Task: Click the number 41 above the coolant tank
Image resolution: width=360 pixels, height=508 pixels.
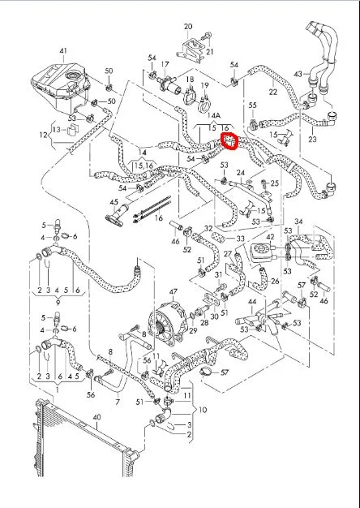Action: pyautogui.click(x=63, y=51)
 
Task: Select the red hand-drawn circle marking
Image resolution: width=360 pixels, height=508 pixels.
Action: pyautogui.click(x=229, y=141)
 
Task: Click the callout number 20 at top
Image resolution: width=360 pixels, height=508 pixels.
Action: pyautogui.click(x=188, y=27)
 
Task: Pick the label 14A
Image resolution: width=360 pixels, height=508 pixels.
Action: pyautogui.click(x=214, y=115)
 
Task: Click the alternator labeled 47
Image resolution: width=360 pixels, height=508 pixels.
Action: pyautogui.click(x=167, y=322)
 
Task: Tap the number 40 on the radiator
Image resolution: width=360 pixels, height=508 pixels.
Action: pyautogui.click(x=97, y=417)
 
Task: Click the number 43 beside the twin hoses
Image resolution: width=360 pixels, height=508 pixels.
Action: pyautogui.click(x=298, y=74)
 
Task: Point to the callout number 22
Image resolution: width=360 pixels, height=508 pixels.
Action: pyautogui.click(x=273, y=92)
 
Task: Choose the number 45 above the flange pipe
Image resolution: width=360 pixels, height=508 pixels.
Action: pyautogui.click(x=114, y=202)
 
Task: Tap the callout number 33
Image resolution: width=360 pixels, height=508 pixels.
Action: pyautogui.click(x=240, y=239)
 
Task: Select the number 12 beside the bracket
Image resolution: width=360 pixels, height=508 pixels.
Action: pyautogui.click(x=44, y=135)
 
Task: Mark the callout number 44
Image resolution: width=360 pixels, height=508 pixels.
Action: pyautogui.click(x=252, y=302)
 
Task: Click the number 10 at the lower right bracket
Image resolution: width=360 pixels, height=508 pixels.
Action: pyautogui.click(x=203, y=410)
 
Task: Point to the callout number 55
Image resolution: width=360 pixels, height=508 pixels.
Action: pyautogui.click(x=253, y=105)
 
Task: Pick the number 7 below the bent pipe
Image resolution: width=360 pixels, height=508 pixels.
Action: pyautogui.click(x=118, y=402)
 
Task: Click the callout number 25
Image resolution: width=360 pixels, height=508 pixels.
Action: pyautogui.click(x=275, y=183)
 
